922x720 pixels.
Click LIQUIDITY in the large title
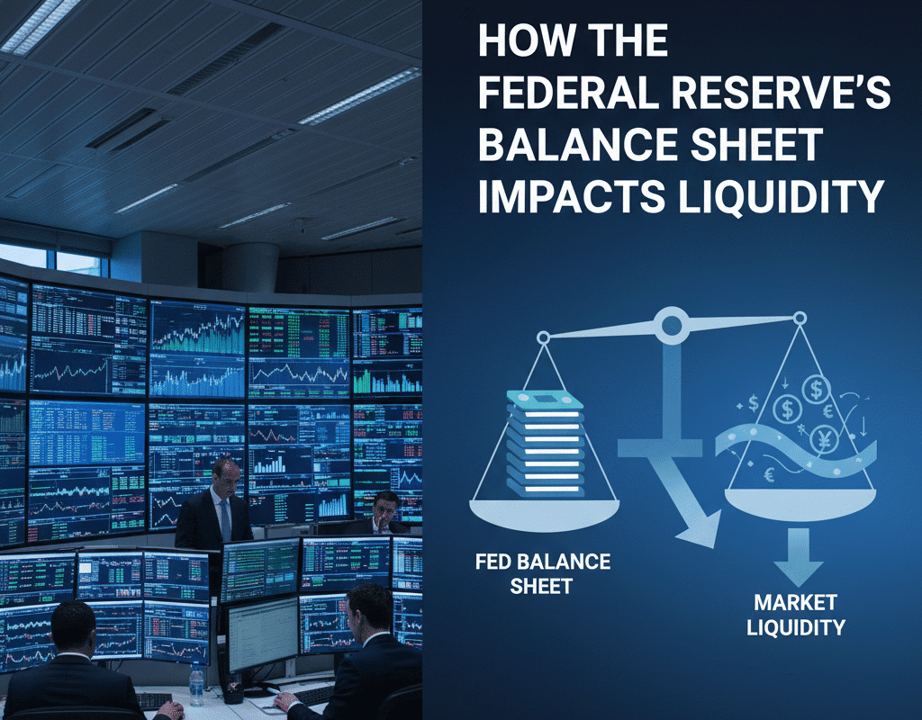coord(773,196)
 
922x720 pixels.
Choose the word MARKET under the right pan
coord(795,602)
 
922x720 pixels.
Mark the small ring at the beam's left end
coord(543,338)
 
